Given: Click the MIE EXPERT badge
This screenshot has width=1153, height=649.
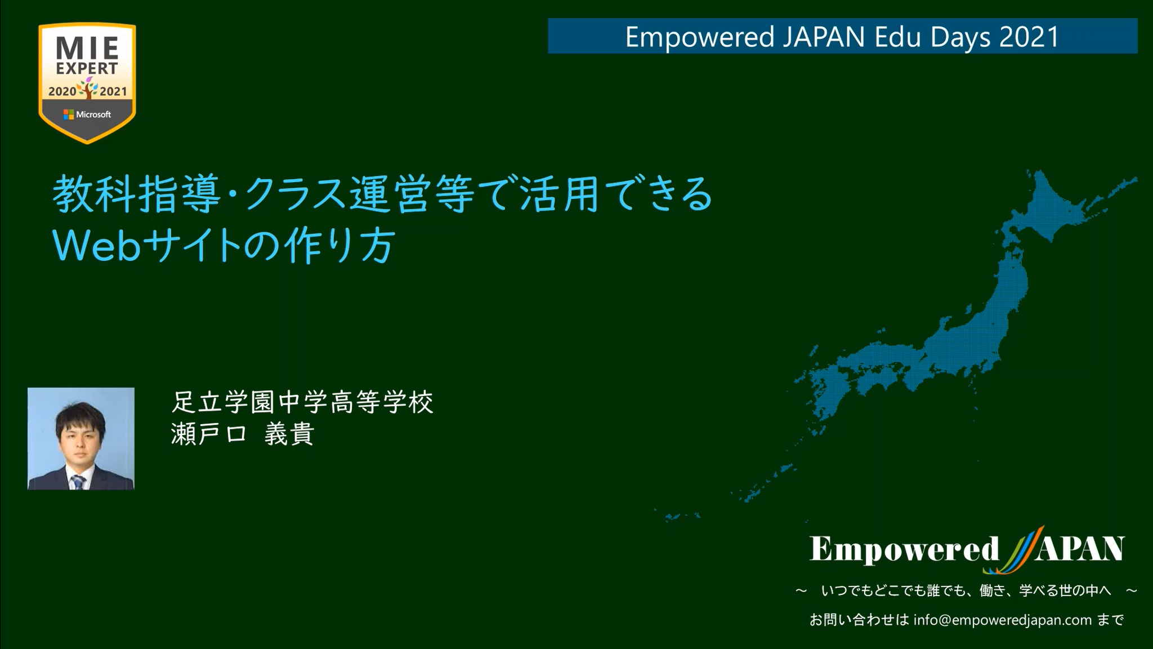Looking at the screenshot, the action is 87,83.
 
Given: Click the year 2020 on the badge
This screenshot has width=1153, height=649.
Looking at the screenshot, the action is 62,91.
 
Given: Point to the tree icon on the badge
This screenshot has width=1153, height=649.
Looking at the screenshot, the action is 88,88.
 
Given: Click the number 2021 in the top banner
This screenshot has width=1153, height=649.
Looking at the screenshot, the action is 1030,37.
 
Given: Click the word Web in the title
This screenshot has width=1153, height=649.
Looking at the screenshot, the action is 96,246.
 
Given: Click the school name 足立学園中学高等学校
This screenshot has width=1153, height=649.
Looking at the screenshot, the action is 302,402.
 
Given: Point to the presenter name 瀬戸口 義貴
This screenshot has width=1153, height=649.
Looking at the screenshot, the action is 243,434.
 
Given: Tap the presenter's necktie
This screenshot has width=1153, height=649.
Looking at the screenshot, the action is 78,482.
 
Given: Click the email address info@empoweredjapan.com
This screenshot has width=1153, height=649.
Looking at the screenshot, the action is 1003,620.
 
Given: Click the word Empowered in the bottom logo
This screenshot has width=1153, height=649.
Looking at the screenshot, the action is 904,549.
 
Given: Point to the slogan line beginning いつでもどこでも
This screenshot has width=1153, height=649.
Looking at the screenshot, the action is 967,590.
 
